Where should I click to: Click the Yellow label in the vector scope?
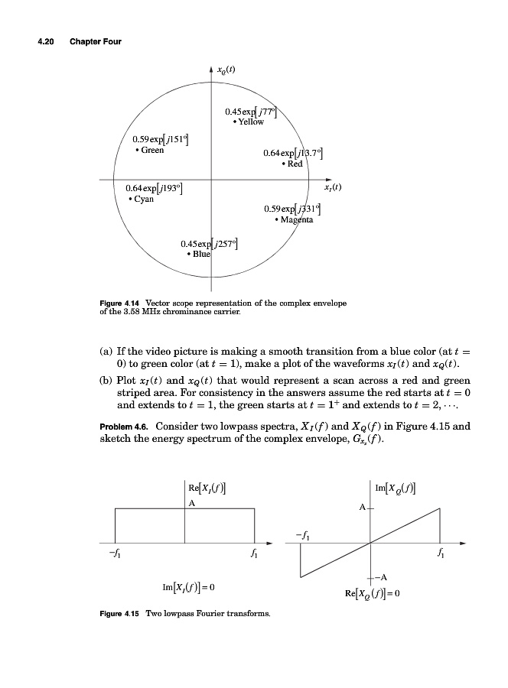tap(249, 122)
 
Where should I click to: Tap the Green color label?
tap(150, 150)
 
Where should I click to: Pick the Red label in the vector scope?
tap(294, 164)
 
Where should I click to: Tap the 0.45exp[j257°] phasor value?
tap(209, 244)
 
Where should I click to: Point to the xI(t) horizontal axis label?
tap(331, 186)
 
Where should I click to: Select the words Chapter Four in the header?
tap(96, 41)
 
